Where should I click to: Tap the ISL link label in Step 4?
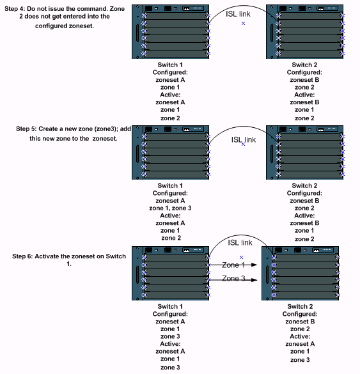pyautogui.click(x=243, y=12)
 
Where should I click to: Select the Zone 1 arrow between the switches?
pyautogui.click(x=238, y=265)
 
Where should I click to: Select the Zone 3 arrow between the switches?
pyautogui.click(x=238, y=279)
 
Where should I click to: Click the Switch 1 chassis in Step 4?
pyautogui.click(x=173, y=31)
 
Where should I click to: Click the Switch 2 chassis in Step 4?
pyautogui.click(x=308, y=31)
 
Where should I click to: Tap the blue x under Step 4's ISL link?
pyautogui.click(x=244, y=23)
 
